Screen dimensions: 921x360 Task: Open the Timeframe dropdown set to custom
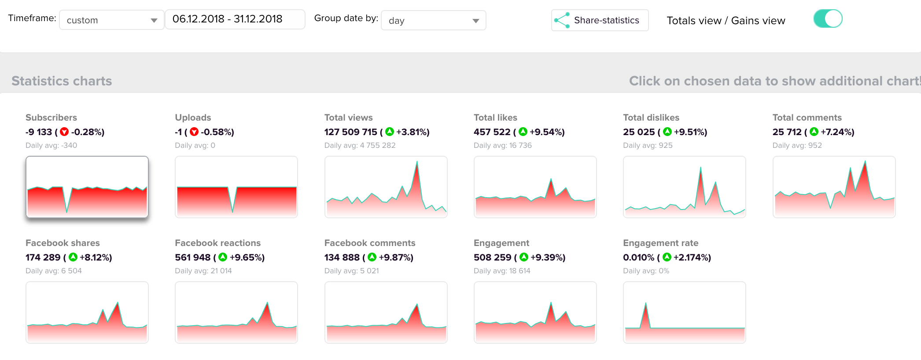[x=111, y=20]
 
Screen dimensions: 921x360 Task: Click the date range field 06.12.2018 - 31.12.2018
[x=235, y=19]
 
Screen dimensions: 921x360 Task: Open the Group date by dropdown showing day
[x=433, y=20]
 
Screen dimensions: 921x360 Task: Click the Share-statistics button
[x=600, y=20]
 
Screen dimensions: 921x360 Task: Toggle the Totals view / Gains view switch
[x=828, y=19]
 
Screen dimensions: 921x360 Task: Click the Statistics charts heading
[x=62, y=81]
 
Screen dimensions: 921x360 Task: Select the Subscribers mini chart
[x=87, y=187]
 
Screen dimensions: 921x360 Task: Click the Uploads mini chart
[x=236, y=187]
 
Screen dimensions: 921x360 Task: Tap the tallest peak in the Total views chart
[x=417, y=162]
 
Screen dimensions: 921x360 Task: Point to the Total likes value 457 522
[x=492, y=132]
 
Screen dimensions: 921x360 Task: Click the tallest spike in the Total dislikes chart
[x=700, y=168]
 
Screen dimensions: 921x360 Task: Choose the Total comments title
[x=807, y=118]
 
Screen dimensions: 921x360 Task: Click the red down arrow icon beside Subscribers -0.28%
[x=64, y=132]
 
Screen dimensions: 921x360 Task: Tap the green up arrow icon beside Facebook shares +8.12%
[x=73, y=257]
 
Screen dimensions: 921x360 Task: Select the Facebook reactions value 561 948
[x=193, y=257]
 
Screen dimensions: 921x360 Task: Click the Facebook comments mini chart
[x=386, y=312]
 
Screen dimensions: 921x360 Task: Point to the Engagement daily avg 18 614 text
[x=502, y=271]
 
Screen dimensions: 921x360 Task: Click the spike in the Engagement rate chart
[x=645, y=304]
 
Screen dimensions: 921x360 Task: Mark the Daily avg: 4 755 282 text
[x=360, y=145]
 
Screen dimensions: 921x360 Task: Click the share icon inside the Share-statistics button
[x=562, y=20]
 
